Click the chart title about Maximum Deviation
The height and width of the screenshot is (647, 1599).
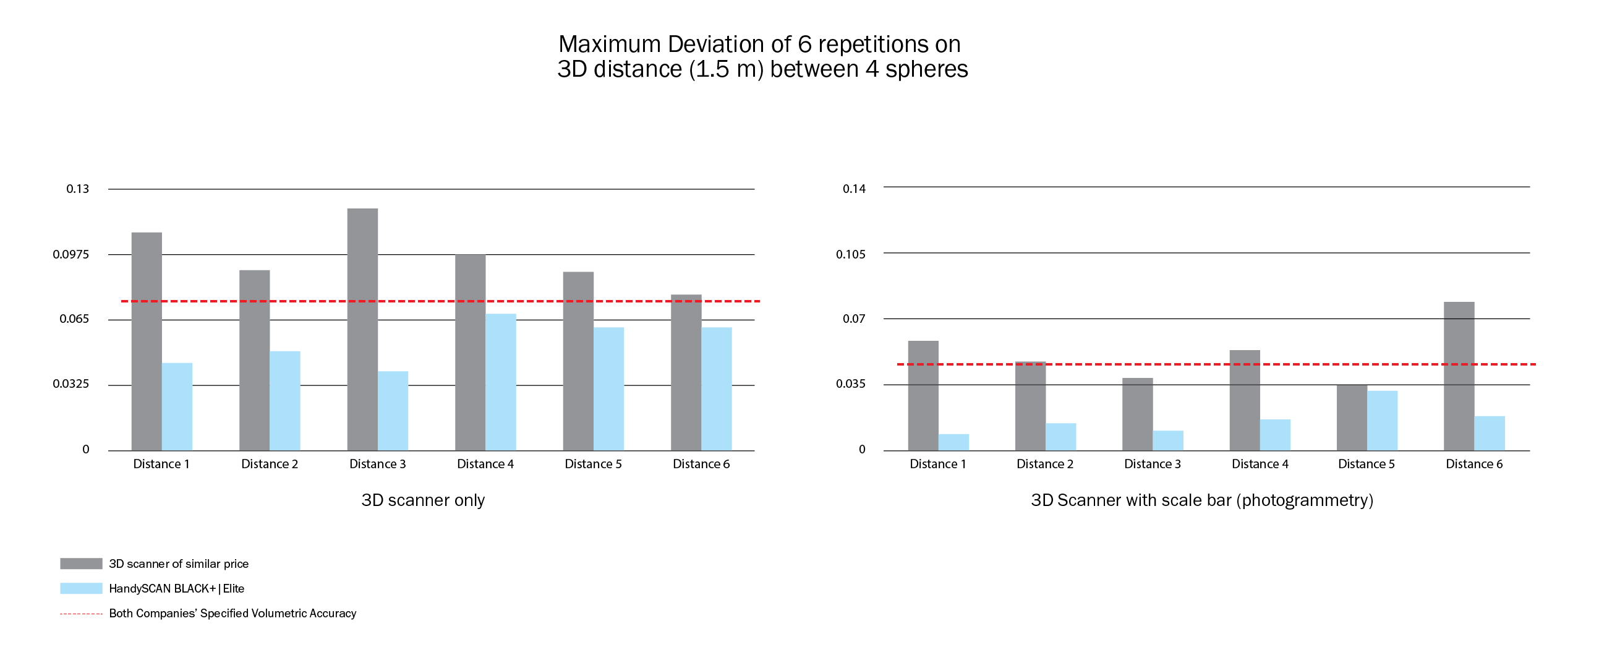762,56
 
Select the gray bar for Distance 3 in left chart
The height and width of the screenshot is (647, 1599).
362,329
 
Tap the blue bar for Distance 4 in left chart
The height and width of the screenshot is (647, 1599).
500,382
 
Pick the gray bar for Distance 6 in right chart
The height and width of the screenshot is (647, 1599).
1459,375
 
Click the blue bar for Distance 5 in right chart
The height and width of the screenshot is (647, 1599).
1383,421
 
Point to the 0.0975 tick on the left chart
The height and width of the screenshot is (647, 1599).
70,254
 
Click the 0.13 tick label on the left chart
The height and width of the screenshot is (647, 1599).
77,189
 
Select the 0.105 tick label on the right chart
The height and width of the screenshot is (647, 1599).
850,254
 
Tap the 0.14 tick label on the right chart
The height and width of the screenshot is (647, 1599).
853,189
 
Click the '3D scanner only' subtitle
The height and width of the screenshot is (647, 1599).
423,500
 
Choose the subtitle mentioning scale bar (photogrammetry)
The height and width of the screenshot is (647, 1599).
1202,500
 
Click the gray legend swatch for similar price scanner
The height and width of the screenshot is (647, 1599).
81,563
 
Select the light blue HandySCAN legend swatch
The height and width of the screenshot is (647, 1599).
81,588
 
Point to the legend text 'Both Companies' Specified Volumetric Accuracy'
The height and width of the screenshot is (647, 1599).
232,614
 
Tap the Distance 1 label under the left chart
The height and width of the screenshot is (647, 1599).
161,464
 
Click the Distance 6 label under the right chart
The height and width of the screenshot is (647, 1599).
1474,464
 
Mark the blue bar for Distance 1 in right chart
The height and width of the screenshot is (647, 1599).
953,442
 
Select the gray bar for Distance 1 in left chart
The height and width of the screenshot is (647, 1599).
147,341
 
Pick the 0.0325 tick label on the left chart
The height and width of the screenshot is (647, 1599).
70,383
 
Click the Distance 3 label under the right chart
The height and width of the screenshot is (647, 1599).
1152,464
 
